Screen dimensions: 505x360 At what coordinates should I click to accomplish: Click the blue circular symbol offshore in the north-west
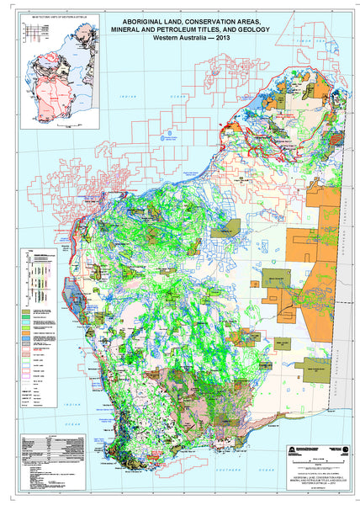pos(172,132)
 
